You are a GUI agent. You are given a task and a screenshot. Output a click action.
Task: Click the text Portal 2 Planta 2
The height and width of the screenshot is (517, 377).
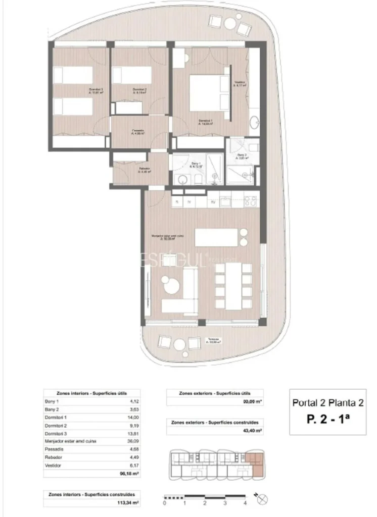[x=328, y=402]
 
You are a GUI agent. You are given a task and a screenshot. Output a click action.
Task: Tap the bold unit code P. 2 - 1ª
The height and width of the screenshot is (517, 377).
[x=328, y=419]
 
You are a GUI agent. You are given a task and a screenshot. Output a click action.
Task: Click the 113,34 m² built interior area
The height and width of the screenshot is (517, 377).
[x=128, y=502]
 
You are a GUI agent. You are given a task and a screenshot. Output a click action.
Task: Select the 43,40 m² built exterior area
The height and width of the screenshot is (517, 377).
[x=252, y=431]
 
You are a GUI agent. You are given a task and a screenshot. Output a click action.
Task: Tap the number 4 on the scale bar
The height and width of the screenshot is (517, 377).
[x=245, y=503]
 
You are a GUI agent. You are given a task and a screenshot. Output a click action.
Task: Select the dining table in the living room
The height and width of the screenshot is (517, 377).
[x=233, y=286]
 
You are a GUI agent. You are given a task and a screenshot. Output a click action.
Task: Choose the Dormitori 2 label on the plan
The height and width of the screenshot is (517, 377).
[x=139, y=91]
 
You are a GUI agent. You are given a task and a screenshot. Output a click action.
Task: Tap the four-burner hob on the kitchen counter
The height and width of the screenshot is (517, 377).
[x=250, y=201]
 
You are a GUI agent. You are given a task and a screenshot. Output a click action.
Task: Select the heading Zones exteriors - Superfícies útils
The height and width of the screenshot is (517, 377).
[x=214, y=393]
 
